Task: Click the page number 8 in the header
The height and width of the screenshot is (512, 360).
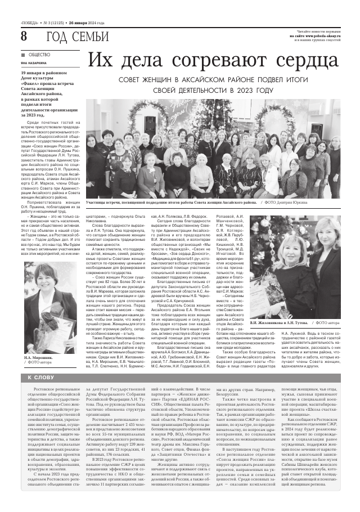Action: coord(24,36)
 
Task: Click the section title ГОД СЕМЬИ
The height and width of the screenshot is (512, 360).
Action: coord(77,37)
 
